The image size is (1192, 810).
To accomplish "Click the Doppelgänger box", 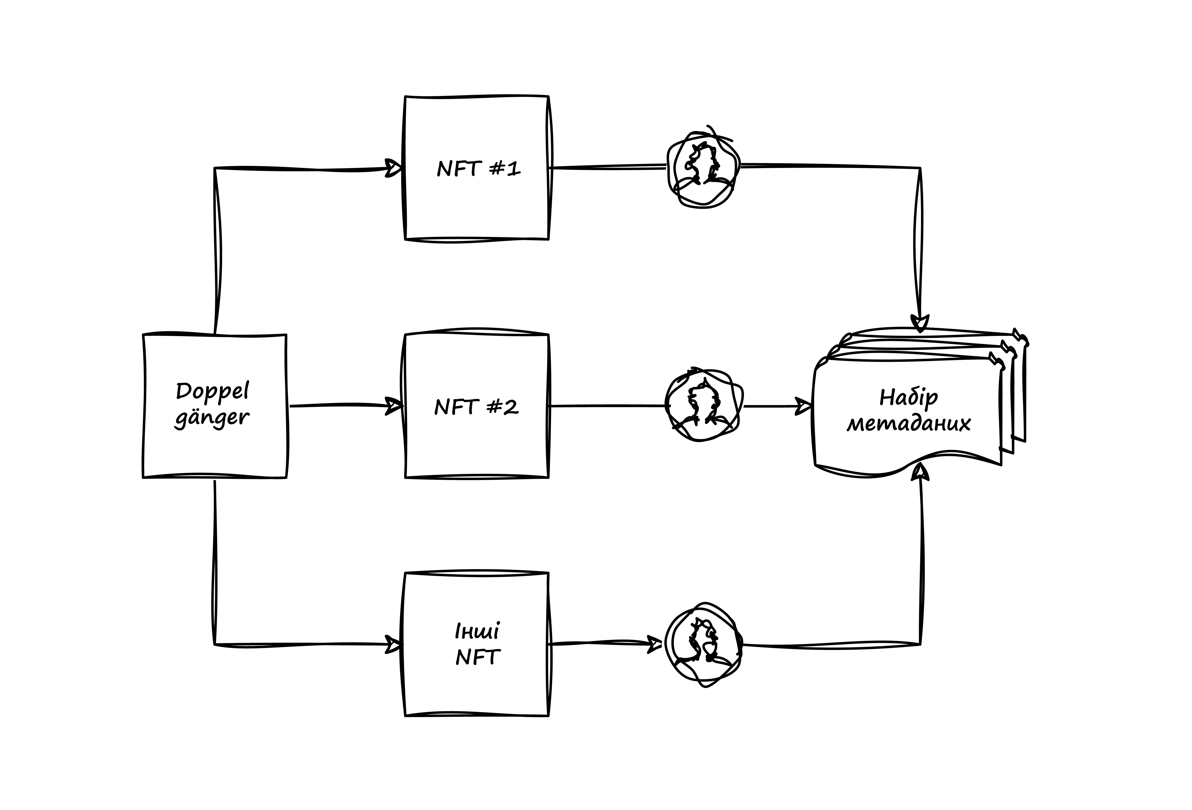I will click(x=214, y=406).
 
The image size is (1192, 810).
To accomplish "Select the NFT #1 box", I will click(x=477, y=168).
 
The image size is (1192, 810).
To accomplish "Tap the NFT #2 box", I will click(x=477, y=406).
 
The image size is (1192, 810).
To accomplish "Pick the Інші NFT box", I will click(x=477, y=644).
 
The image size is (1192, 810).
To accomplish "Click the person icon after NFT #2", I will click(x=704, y=405).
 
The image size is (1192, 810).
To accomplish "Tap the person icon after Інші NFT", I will click(x=704, y=644).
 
